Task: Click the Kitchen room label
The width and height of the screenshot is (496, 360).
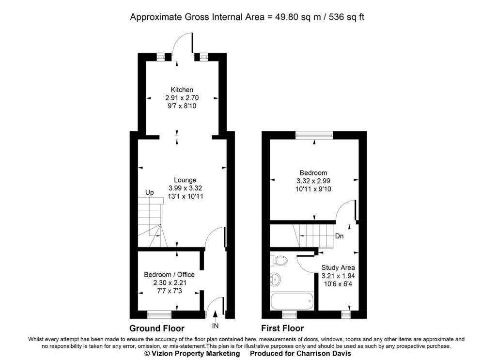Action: (x=182, y=90)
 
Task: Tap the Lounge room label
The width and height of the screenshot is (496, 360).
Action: (x=185, y=180)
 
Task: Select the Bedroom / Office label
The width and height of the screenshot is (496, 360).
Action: (x=169, y=274)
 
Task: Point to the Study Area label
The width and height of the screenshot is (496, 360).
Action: (x=338, y=267)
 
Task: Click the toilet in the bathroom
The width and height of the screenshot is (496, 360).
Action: (x=279, y=260)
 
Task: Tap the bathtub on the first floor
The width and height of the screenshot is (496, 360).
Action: (x=292, y=301)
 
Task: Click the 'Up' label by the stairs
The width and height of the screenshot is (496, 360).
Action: (x=150, y=192)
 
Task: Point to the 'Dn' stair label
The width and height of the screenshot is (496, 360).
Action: (x=340, y=236)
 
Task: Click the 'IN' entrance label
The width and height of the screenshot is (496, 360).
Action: (x=215, y=326)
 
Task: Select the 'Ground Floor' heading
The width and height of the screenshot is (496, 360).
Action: (x=157, y=329)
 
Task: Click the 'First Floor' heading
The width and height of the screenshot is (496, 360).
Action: (x=282, y=329)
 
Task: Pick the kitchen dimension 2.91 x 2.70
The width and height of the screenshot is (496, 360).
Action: (x=182, y=98)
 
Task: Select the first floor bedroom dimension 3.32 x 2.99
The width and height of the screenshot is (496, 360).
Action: (x=313, y=181)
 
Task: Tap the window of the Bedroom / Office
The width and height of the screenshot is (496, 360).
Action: (x=159, y=314)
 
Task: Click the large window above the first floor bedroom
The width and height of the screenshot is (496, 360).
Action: (x=314, y=135)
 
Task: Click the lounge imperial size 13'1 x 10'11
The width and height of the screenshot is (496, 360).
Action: (x=186, y=196)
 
